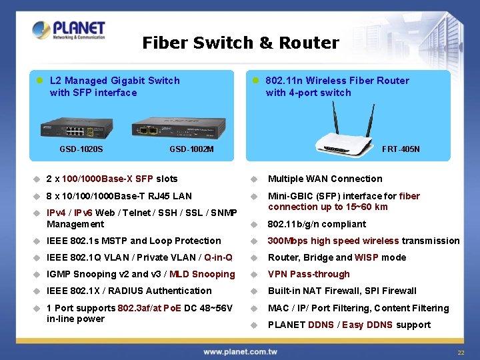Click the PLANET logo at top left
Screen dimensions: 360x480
(69, 30)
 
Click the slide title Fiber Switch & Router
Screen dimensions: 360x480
(241, 43)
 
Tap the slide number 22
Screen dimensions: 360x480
(460, 352)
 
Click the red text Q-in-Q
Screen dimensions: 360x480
(219, 257)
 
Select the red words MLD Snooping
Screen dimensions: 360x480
(202, 274)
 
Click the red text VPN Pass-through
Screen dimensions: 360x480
(309, 274)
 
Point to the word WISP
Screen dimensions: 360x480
(367, 257)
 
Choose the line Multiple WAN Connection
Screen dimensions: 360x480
(325, 179)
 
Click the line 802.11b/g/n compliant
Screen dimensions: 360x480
(317, 224)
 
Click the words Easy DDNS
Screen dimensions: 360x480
(368, 325)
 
